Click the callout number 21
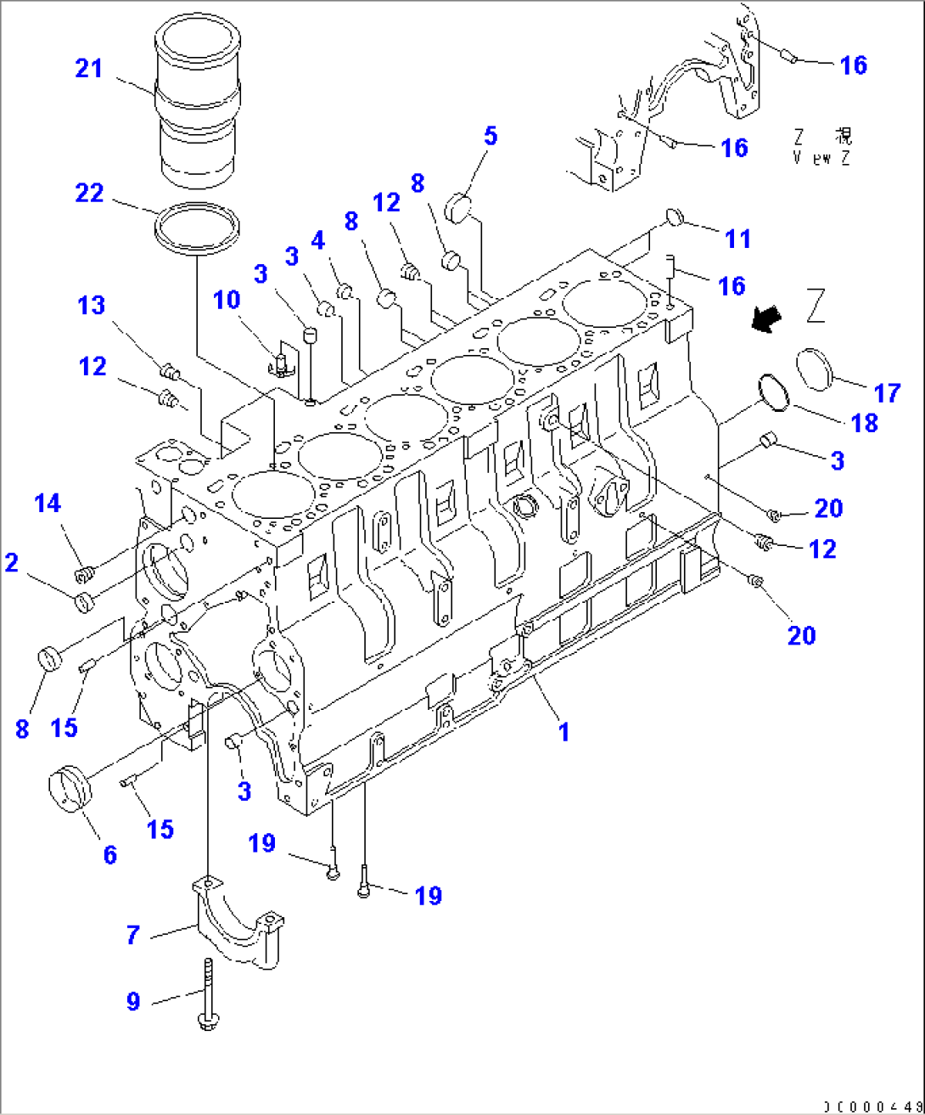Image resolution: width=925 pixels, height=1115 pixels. click(x=88, y=68)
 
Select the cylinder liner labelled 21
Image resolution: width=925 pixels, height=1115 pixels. click(x=197, y=102)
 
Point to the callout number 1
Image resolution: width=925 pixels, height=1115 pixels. click(x=563, y=731)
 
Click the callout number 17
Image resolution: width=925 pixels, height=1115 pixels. click(x=887, y=393)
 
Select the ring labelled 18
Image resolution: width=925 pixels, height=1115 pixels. click(x=773, y=391)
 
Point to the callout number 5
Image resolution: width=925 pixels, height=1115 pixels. click(x=491, y=136)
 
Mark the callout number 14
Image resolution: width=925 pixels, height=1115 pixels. click(x=48, y=504)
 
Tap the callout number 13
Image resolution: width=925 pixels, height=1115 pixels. click(x=92, y=305)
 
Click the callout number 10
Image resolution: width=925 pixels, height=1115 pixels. click(x=227, y=300)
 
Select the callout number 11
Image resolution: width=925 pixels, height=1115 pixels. click(x=737, y=239)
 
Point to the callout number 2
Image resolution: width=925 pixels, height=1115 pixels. click(x=11, y=562)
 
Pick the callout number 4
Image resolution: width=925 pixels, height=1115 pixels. click(x=317, y=240)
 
